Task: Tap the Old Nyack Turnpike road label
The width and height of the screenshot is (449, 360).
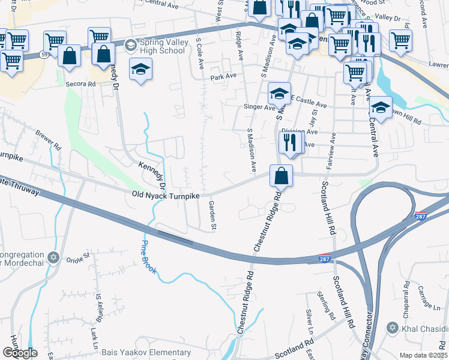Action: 164,194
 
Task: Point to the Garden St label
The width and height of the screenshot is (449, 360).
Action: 212,215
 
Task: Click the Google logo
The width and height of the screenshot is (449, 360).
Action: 19,353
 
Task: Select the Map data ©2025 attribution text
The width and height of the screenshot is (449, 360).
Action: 423,355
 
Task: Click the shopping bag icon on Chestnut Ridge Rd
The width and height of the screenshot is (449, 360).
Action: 281,176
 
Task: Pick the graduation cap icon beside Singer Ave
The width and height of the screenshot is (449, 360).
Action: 279,94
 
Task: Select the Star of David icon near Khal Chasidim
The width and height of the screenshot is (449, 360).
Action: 393,328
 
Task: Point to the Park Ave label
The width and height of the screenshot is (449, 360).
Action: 223,77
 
